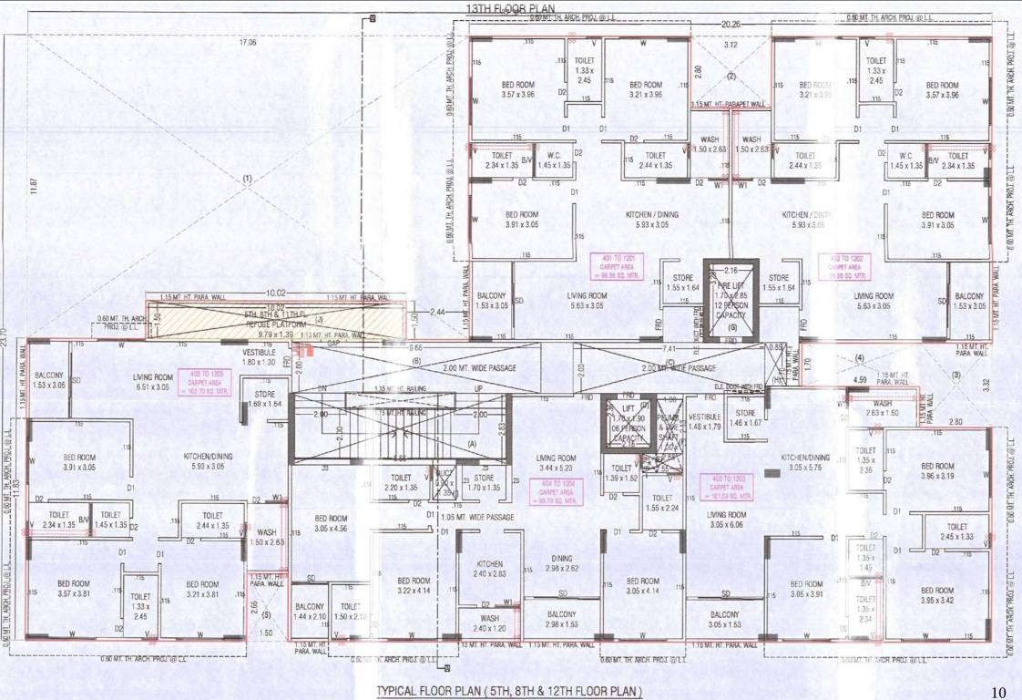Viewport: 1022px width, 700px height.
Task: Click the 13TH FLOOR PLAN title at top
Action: [511, 7]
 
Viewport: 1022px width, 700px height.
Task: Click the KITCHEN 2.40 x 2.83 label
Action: [488, 569]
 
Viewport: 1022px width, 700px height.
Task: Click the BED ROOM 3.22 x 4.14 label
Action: [414, 585]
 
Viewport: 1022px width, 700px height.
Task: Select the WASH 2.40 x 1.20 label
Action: [490, 624]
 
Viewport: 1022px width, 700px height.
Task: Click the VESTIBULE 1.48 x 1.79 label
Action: [705, 421]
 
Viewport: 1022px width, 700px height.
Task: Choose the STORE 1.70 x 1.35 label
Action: [484, 481]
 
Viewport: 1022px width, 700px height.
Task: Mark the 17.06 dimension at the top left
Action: [247, 42]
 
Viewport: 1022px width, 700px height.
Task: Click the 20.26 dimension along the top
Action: [731, 26]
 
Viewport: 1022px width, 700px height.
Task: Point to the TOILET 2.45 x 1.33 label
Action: [956, 531]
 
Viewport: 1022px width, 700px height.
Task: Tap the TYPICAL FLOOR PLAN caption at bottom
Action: [509, 692]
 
